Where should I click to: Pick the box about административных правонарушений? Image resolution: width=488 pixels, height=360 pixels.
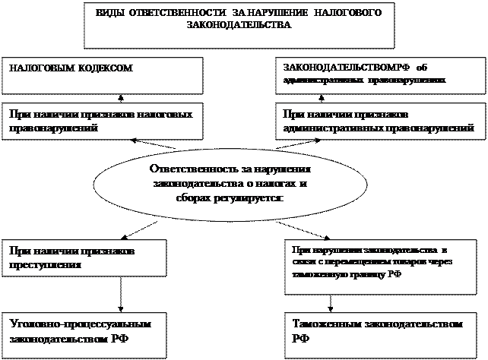[x=378, y=122]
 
